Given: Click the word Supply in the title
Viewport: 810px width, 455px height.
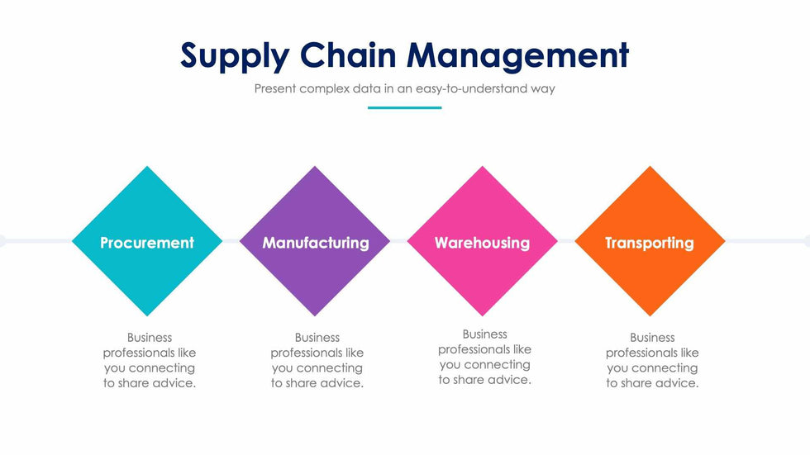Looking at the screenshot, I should (x=235, y=56).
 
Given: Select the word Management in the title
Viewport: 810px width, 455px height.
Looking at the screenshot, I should (x=518, y=56).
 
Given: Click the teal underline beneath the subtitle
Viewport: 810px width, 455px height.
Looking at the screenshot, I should (x=404, y=107).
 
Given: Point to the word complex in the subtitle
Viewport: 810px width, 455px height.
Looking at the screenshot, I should (x=323, y=88).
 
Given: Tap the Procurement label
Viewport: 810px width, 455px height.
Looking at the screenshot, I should (x=147, y=243).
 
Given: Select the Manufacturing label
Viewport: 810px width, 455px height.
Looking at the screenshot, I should (x=316, y=243).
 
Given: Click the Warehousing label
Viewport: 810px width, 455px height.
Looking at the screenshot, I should (x=482, y=243).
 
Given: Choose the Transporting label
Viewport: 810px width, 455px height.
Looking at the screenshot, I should (x=650, y=243).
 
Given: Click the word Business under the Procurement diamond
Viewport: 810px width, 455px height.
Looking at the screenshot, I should (x=150, y=337).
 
